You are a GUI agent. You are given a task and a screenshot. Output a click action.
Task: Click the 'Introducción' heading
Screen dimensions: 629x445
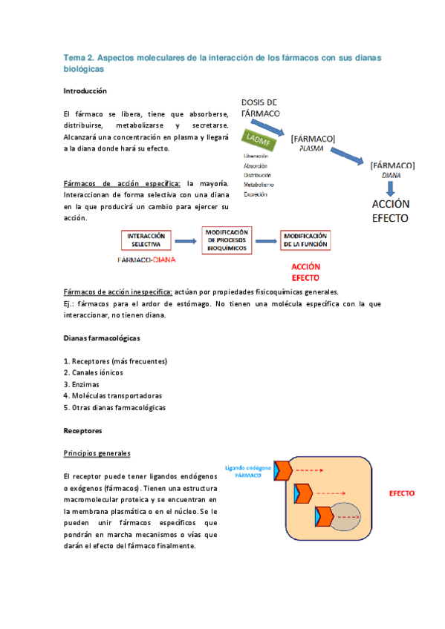pyautogui.click(x=85, y=90)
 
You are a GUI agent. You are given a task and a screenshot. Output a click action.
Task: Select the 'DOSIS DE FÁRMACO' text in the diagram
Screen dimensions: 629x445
pyautogui.click(x=260, y=107)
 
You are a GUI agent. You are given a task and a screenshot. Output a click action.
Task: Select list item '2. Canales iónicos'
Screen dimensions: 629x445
pyautogui.click(x=94, y=372)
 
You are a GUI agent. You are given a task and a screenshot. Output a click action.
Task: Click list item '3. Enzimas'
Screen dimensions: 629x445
pyautogui.click(x=81, y=384)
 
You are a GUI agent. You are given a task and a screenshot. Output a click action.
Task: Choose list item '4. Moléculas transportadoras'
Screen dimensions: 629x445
pyautogui.click(x=113, y=396)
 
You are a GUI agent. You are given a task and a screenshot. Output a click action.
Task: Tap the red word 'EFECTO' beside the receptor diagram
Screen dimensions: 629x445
pyautogui.click(x=401, y=493)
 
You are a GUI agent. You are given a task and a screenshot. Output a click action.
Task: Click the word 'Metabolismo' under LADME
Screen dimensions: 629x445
pyautogui.click(x=259, y=184)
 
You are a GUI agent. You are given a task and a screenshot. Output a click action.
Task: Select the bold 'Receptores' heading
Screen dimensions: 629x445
pyautogui.click(x=82, y=430)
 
